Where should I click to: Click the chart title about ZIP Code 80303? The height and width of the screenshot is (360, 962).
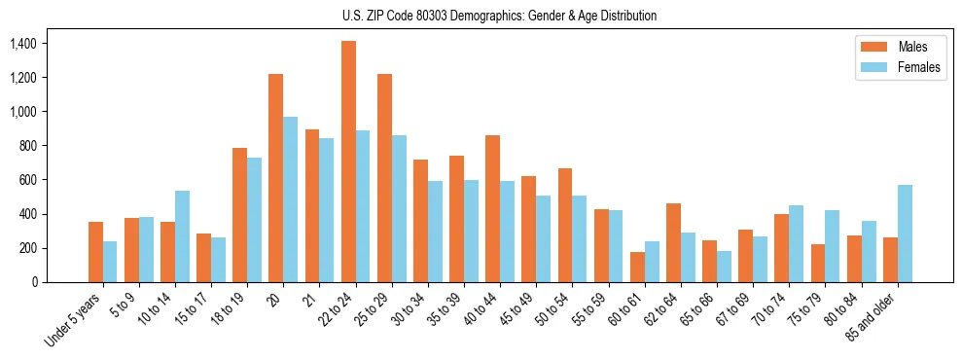(499, 16)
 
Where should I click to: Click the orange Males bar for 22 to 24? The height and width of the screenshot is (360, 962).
(348, 162)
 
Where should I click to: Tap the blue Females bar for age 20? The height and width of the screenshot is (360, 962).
(290, 199)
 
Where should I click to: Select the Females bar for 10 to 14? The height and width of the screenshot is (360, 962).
(182, 236)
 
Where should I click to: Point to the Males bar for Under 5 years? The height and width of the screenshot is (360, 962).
(95, 252)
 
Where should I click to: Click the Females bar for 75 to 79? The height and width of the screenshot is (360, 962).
(832, 246)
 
